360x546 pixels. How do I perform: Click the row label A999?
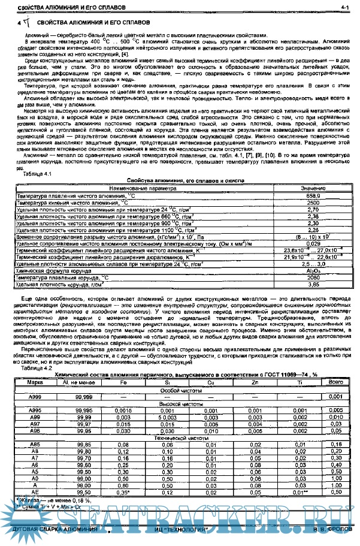(35, 397)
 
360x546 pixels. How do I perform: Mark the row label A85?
(35, 445)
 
